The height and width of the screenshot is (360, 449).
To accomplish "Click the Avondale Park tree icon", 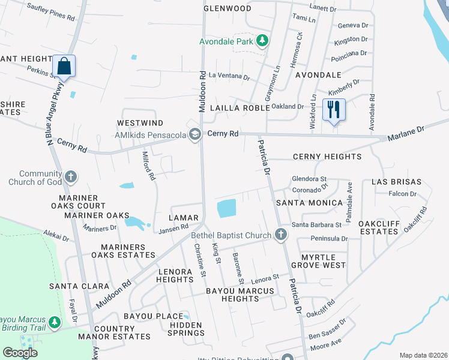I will point(262,41).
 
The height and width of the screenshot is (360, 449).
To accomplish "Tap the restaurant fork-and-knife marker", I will point(333,109).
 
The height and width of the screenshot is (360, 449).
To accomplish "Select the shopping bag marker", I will point(63,66).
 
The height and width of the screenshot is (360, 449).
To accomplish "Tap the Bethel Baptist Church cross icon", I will point(280,235).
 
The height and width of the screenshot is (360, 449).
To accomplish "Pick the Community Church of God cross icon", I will point(70,177).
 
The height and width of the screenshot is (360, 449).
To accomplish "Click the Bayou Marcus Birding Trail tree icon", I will point(55,323).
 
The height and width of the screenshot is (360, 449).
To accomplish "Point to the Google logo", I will point(20,353).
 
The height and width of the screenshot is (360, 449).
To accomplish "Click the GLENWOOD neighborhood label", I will point(227,8).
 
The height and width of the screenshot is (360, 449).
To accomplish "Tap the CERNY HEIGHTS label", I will point(327,157).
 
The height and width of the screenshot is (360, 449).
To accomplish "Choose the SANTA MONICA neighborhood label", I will point(309,203).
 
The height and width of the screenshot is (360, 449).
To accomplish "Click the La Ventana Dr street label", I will point(229,77).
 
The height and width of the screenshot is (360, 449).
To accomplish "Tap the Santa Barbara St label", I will point(316,225).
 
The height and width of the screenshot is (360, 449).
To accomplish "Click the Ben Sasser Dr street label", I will point(327,327).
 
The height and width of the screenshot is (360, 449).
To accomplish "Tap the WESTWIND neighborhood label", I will point(133,122).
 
